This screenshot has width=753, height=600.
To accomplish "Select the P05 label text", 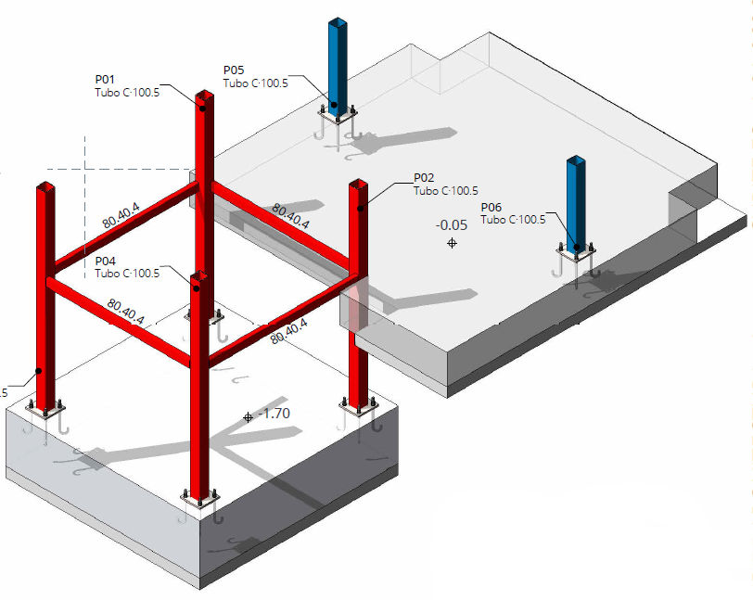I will [233, 70].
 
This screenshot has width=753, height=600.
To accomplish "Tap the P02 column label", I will [424, 178].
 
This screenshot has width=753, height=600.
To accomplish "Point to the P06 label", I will [491, 207].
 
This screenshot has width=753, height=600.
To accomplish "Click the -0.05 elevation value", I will [452, 224].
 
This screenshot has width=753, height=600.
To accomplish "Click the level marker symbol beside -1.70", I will [248, 418].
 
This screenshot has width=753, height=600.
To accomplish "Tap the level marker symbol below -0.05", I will [452, 243].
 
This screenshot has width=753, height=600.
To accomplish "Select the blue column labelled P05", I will [339, 65].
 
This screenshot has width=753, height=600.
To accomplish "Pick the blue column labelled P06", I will [577, 204].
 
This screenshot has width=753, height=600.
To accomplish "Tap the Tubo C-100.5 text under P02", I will [446, 191].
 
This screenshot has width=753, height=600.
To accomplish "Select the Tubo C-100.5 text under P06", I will [513, 220].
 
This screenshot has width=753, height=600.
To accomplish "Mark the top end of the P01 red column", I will [204, 97].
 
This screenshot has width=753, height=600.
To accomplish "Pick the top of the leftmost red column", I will [45, 187].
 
